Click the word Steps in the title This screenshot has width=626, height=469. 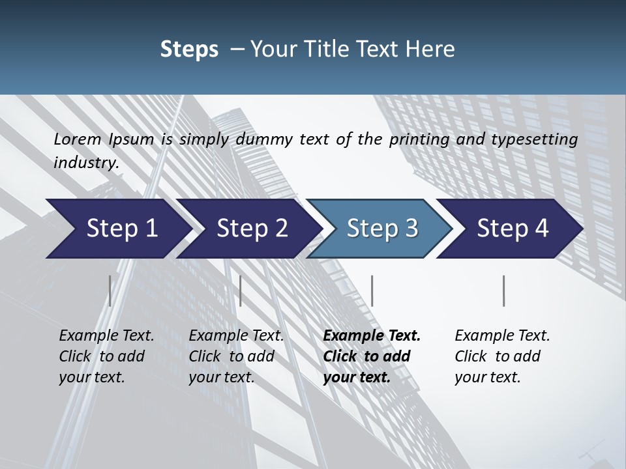[189, 49]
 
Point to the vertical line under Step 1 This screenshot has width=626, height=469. [110, 291]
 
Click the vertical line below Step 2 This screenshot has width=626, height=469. [241, 291]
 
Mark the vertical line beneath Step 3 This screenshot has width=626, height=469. [372, 291]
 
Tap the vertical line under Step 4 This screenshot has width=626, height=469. [504, 291]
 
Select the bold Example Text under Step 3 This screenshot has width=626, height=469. [372, 356]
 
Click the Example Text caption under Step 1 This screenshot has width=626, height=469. [106, 356]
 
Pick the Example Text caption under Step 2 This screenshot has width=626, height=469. [236, 356]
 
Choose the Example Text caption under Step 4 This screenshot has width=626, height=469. [502, 356]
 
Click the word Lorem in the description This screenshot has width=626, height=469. [78, 139]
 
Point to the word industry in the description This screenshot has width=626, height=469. [86, 162]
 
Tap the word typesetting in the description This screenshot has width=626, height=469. [538, 139]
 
